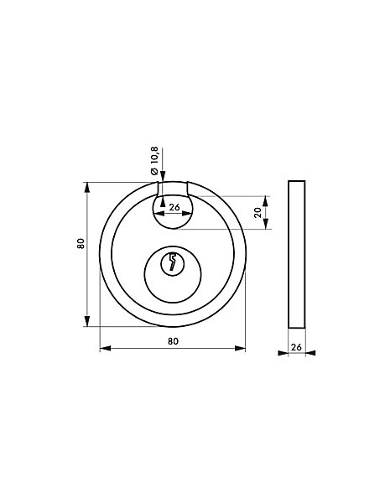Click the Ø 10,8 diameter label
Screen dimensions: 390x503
pyautogui.click(x=154, y=161)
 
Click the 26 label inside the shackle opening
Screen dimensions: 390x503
pyautogui.click(x=174, y=207)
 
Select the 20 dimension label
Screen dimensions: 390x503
pyautogui.click(x=257, y=213)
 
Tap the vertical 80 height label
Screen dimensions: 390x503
pyautogui.click(x=81, y=243)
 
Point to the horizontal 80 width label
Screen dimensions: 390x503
pyautogui.click(x=173, y=341)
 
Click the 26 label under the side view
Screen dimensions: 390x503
pyautogui.click(x=296, y=347)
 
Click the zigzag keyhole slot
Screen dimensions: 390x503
pyautogui.click(x=173, y=262)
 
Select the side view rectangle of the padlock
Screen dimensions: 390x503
pyautogui.click(x=297, y=254)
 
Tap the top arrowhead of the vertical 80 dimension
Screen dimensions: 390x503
pyautogui.click(x=87, y=188)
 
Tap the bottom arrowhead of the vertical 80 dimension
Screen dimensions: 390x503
pyautogui.click(x=87, y=321)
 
